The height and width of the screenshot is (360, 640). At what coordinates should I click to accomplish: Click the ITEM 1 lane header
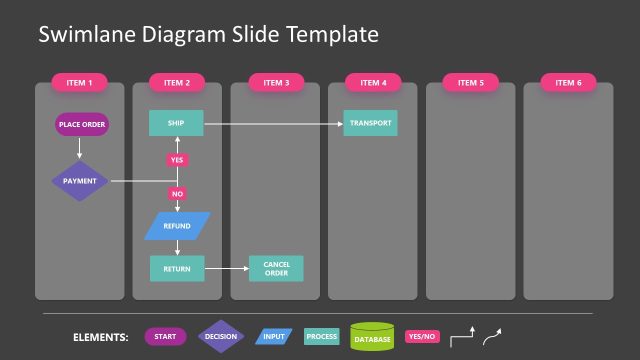click(x=79, y=83)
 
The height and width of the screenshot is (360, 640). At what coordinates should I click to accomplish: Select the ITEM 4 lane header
click(x=373, y=83)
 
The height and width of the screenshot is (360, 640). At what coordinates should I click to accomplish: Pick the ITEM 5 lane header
click(x=470, y=83)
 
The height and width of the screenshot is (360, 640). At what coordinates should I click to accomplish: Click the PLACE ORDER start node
click(x=80, y=125)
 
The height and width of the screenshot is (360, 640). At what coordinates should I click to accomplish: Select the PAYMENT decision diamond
click(x=80, y=181)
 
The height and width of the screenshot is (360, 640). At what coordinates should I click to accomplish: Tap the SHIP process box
click(x=176, y=124)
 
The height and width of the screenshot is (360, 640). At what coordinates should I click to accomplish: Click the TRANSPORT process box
click(x=371, y=124)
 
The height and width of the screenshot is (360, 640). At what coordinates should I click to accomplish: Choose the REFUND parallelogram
click(x=177, y=226)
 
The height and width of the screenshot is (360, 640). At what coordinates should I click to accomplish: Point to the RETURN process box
click(x=176, y=268)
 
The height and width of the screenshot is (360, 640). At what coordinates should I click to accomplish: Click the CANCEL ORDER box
click(x=276, y=268)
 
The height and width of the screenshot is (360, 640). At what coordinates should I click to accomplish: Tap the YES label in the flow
click(x=177, y=160)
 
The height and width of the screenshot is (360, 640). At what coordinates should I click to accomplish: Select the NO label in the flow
click(x=177, y=193)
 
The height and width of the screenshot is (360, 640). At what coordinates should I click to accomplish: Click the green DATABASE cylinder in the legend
click(x=373, y=337)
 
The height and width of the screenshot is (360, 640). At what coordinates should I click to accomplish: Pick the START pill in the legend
click(x=165, y=337)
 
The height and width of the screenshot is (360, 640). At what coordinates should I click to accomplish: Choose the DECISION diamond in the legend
click(x=220, y=337)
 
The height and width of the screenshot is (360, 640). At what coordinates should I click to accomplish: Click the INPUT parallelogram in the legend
click(x=272, y=337)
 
